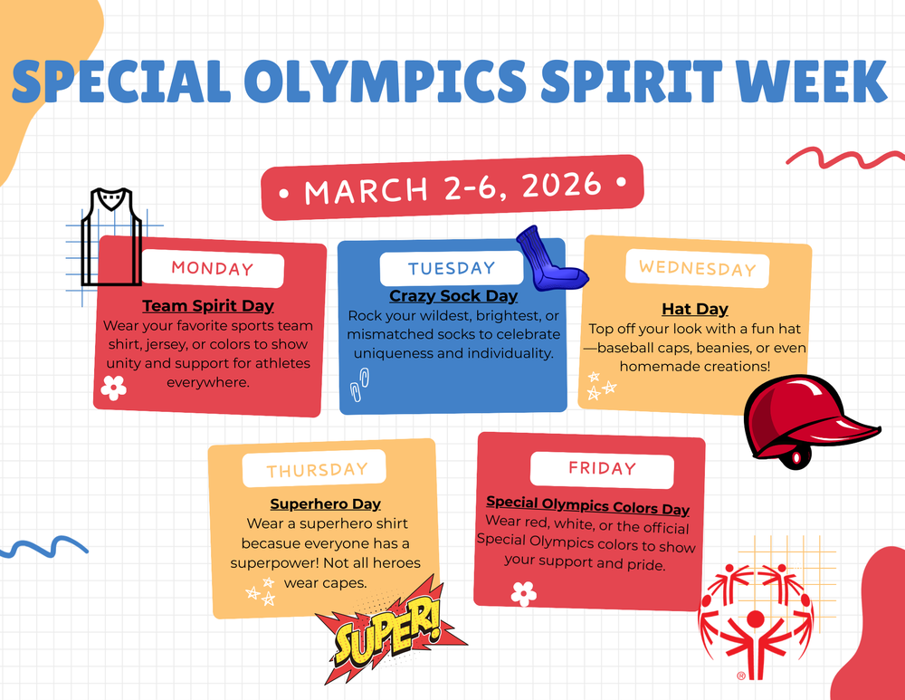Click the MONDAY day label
click(x=213, y=268)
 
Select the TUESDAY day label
click(x=451, y=268)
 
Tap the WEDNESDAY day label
click(x=697, y=268)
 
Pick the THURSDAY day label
click(x=317, y=469)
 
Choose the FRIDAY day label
click(x=602, y=468)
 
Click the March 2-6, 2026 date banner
click(x=452, y=188)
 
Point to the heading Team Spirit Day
click(x=208, y=306)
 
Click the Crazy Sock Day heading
click(x=453, y=296)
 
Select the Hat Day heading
click(x=695, y=310)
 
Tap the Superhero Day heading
click(x=325, y=503)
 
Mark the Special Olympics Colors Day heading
click(x=587, y=505)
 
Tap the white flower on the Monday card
click(x=113, y=388)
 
